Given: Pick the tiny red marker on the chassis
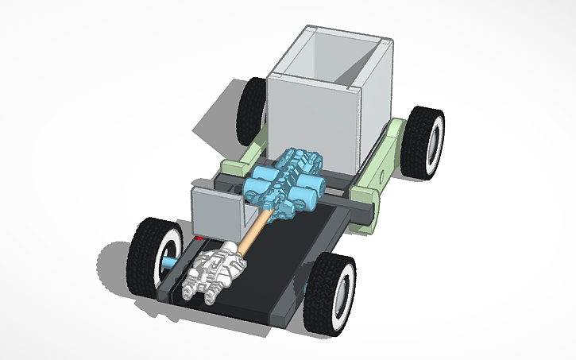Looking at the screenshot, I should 199,238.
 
